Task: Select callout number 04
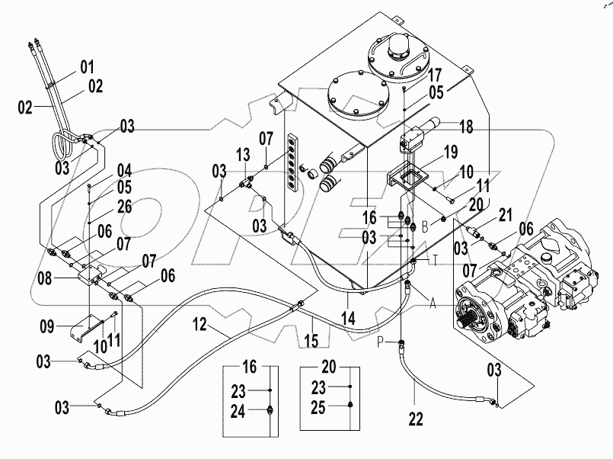(x=123, y=169)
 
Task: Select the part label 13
(x=243, y=155)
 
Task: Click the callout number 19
(x=451, y=151)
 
